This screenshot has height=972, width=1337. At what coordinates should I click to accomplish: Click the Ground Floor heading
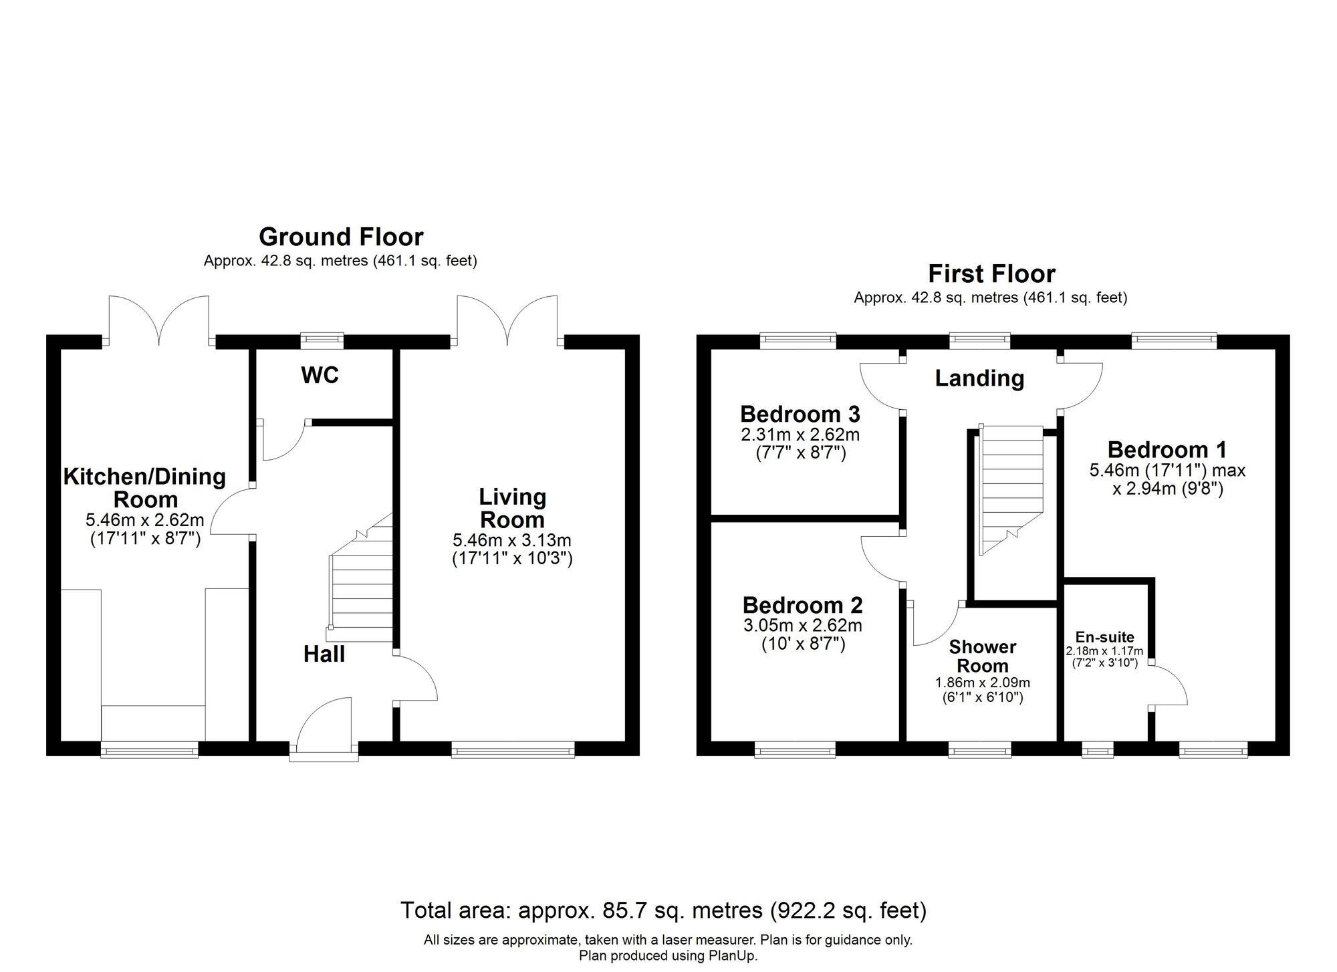click(x=341, y=237)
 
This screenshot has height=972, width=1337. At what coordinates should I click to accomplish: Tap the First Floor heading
click(x=991, y=274)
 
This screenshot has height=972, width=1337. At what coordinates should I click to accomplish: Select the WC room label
click(x=320, y=376)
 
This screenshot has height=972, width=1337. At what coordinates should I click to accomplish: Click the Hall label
click(x=324, y=654)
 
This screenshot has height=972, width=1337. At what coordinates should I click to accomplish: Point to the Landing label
click(x=979, y=378)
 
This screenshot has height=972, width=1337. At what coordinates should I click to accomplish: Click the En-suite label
click(x=1104, y=637)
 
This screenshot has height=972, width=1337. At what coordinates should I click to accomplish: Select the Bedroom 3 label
click(x=800, y=414)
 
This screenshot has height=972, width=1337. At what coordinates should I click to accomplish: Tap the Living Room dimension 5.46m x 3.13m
click(x=512, y=539)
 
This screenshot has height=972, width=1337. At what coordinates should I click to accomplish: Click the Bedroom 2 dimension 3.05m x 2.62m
click(x=802, y=626)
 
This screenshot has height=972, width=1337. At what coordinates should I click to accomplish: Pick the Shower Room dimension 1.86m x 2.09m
click(x=982, y=683)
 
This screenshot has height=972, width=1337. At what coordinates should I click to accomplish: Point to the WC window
click(x=322, y=340)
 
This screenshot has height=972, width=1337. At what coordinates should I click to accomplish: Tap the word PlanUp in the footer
click(x=732, y=956)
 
